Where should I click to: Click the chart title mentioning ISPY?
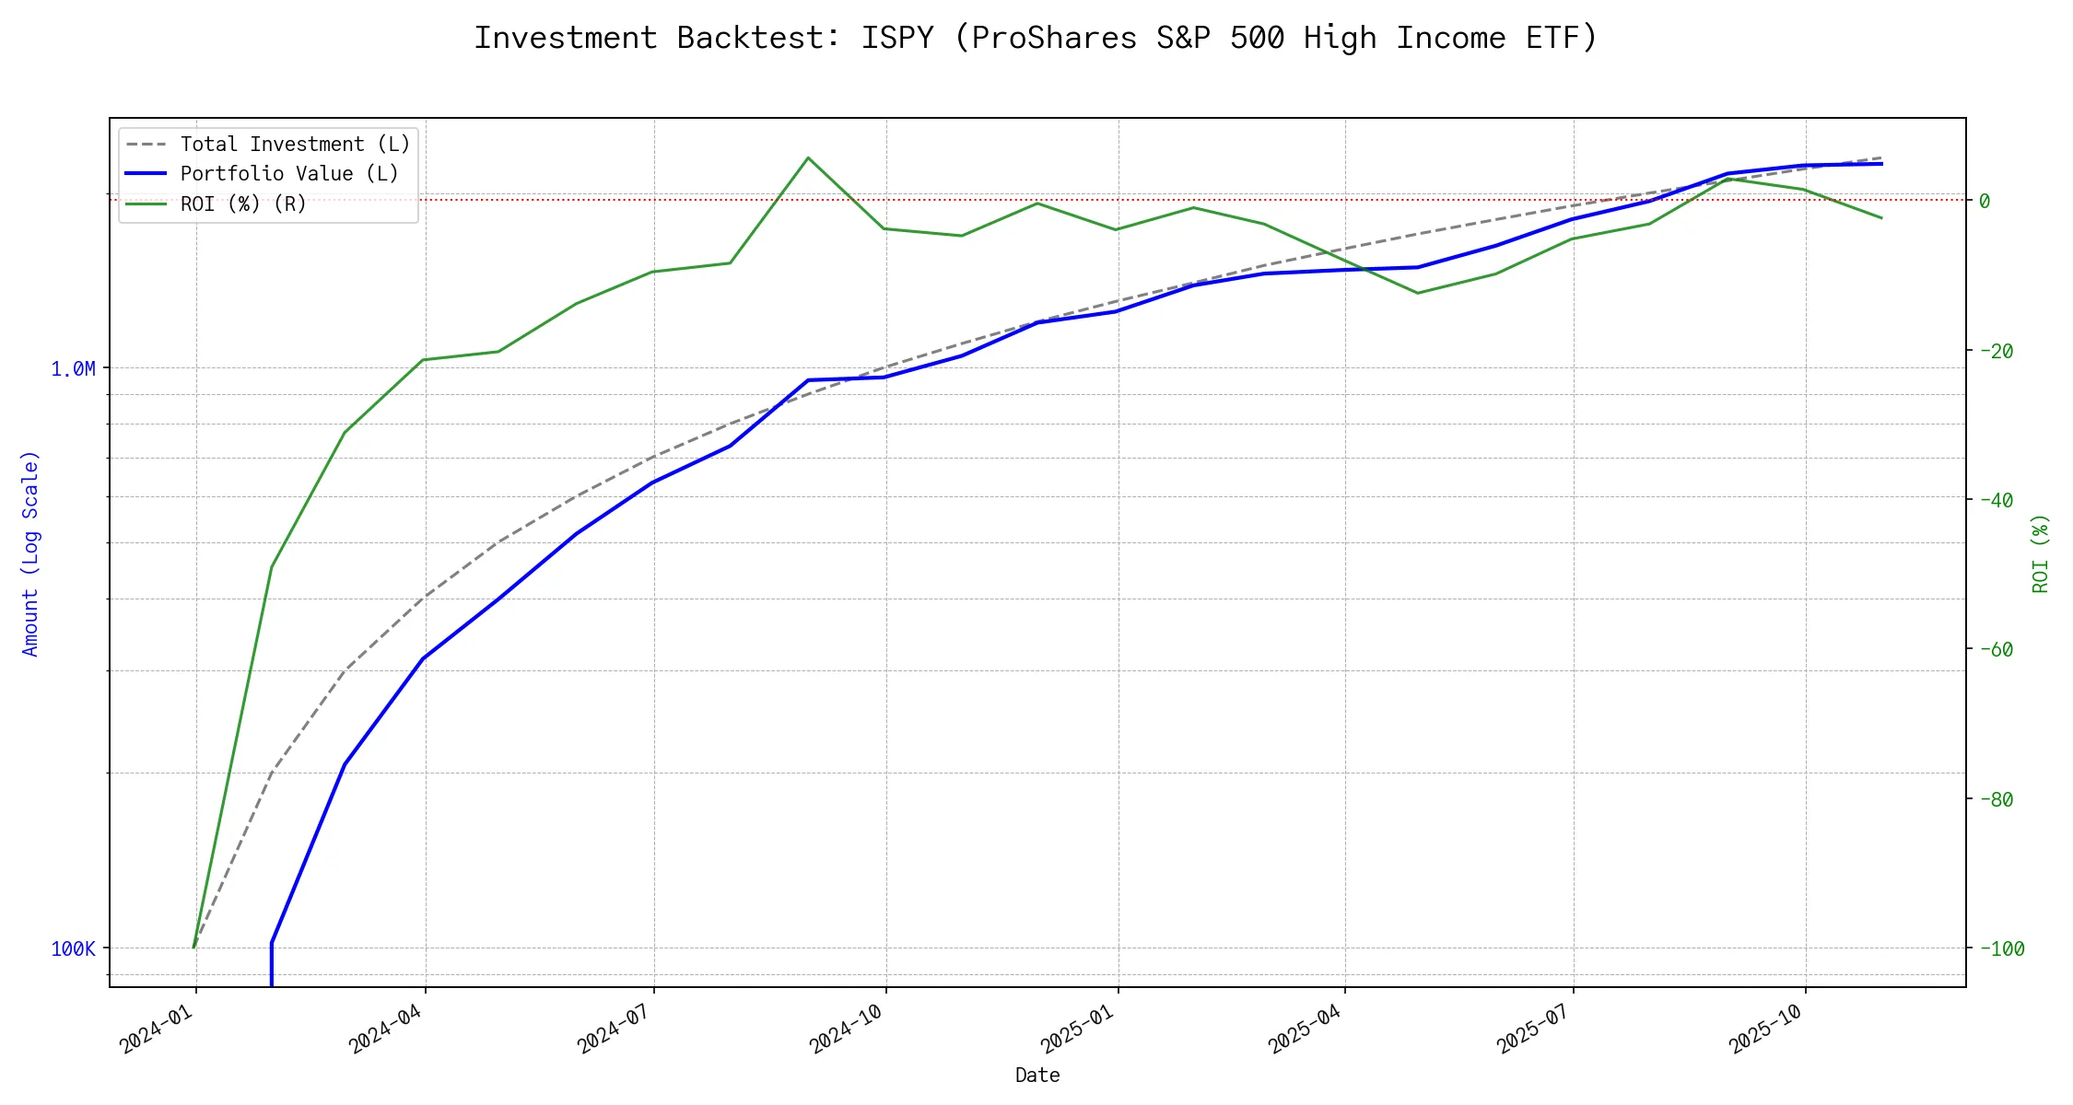tap(1036, 38)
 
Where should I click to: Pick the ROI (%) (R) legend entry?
tap(243, 204)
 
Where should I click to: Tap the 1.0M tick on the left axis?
tap(73, 369)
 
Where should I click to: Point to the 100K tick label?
tap(73, 948)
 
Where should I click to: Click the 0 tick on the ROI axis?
tap(1985, 201)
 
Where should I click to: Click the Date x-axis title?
tap(1037, 1075)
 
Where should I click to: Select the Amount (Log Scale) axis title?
tap(30, 552)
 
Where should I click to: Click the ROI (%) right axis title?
tap(2040, 552)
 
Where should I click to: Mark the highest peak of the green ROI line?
tap(808, 157)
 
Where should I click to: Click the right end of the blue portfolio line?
tap(1881, 163)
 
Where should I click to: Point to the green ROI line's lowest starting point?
tap(193, 948)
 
